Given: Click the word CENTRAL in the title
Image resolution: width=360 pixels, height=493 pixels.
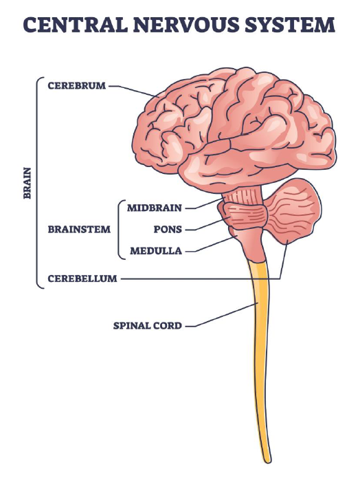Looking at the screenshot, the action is (76, 25).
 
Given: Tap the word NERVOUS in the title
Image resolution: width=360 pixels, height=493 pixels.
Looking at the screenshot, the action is (186, 25).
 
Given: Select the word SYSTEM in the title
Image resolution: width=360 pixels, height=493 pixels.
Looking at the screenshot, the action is (290, 25).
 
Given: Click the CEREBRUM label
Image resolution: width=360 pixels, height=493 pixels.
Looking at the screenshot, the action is (77, 85).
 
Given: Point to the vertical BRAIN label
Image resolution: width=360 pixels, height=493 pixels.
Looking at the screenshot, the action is (27, 183).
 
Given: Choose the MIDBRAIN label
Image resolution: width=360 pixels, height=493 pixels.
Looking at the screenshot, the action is (155, 208).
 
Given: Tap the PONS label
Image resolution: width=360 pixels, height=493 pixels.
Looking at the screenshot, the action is (168, 229).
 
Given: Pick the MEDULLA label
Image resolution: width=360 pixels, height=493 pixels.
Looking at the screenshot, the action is (156, 250).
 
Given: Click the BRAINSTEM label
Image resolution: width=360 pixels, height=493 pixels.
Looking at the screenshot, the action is (79, 229).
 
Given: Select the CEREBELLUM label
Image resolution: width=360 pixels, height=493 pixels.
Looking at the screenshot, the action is (82, 278).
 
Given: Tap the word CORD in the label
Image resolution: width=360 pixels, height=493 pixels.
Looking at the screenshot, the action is (165, 325).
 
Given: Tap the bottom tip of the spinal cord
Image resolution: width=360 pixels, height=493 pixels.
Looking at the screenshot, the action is (267, 462).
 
